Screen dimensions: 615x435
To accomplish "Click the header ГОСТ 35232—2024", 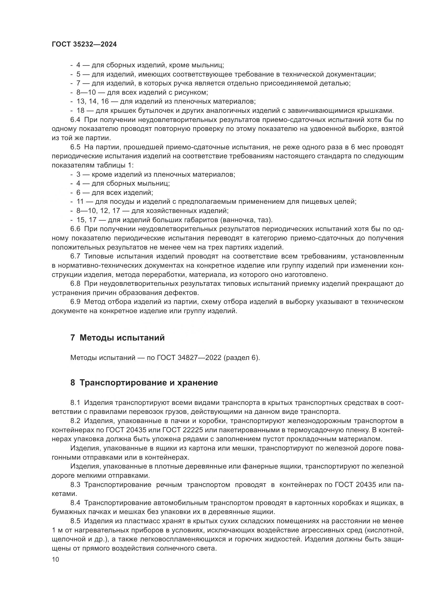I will (84, 44).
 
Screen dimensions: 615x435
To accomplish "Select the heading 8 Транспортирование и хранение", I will (144, 383).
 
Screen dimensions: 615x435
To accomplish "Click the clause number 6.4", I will (75, 120).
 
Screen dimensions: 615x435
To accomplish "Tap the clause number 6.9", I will (75, 302).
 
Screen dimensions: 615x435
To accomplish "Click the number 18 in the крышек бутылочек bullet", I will (80, 111).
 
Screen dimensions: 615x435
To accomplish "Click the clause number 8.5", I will (75, 521).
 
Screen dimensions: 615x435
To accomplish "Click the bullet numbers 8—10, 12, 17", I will (98, 211).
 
